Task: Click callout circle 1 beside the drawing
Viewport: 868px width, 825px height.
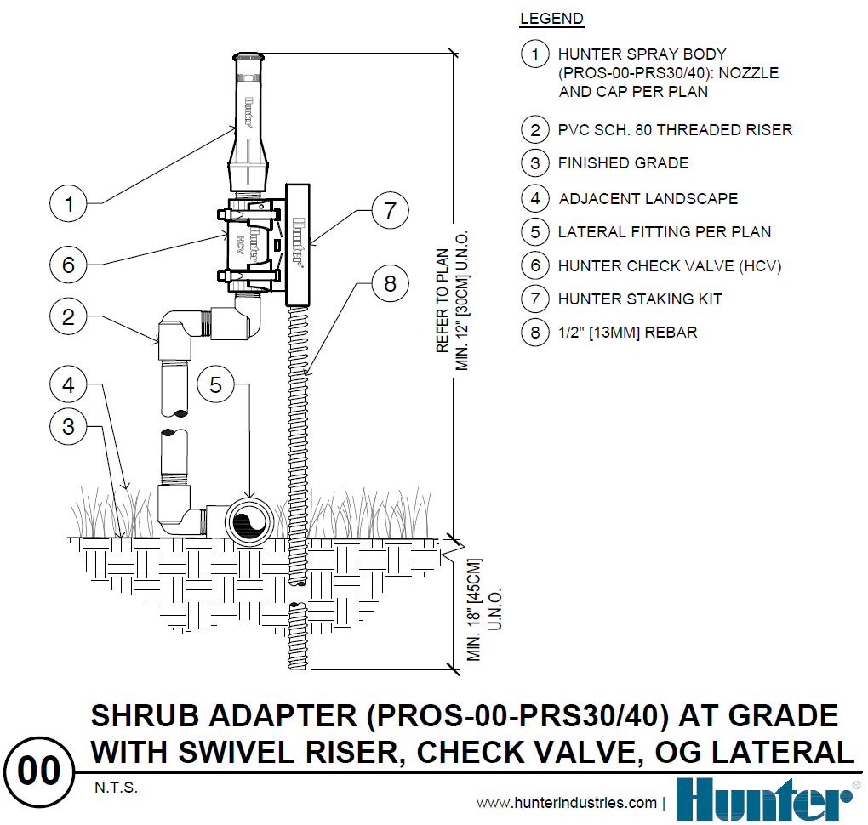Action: (x=69, y=204)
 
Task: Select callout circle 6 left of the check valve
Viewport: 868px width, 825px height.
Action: (x=69, y=265)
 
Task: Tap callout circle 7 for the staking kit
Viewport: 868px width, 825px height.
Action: (x=390, y=210)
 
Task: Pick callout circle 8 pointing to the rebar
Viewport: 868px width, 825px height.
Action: (x=390, y=283)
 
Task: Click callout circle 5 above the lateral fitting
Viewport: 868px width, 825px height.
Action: (x=216, y=385)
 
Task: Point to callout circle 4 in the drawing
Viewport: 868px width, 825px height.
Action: (x=69, y=385)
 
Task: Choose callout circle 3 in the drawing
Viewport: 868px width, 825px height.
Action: (x=69, y=427)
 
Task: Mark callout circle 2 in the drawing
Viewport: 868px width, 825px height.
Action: (x=69, y=318)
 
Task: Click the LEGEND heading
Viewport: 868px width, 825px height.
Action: (x=551, y=19)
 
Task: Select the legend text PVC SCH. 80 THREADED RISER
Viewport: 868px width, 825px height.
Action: (x=675, y=130)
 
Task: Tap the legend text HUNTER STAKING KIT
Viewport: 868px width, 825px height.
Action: (x=640, y=299)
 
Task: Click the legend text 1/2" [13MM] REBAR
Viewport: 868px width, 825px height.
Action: (x=627, y=333)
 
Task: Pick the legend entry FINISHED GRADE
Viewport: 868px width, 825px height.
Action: (x=623, y=163)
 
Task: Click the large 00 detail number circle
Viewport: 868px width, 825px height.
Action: (x=38, y=771)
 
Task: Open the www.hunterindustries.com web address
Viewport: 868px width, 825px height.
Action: (x=566, y=803)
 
